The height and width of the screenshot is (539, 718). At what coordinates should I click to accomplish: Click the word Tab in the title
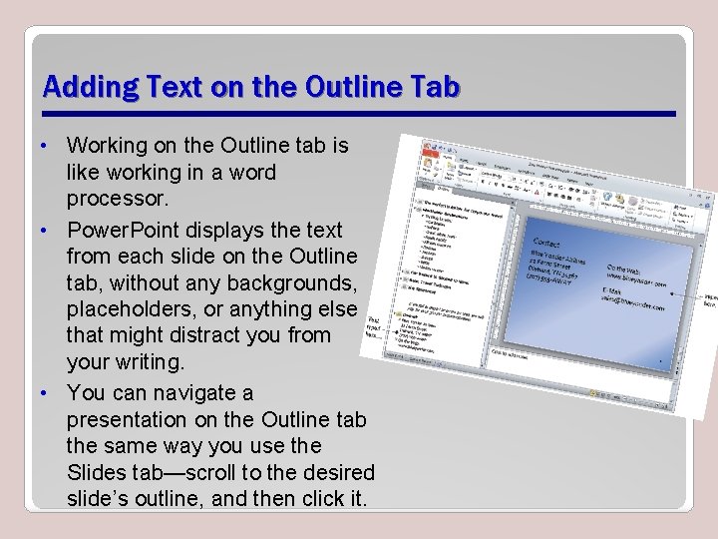click(436, 87)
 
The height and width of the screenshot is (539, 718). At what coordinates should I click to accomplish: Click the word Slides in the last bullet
click(96, 471)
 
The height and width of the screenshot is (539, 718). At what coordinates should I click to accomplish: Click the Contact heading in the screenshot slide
click(547, 242)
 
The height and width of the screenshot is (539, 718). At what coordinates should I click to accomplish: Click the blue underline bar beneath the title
click(359, 113)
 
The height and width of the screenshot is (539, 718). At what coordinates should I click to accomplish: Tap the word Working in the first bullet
click(112, 146)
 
